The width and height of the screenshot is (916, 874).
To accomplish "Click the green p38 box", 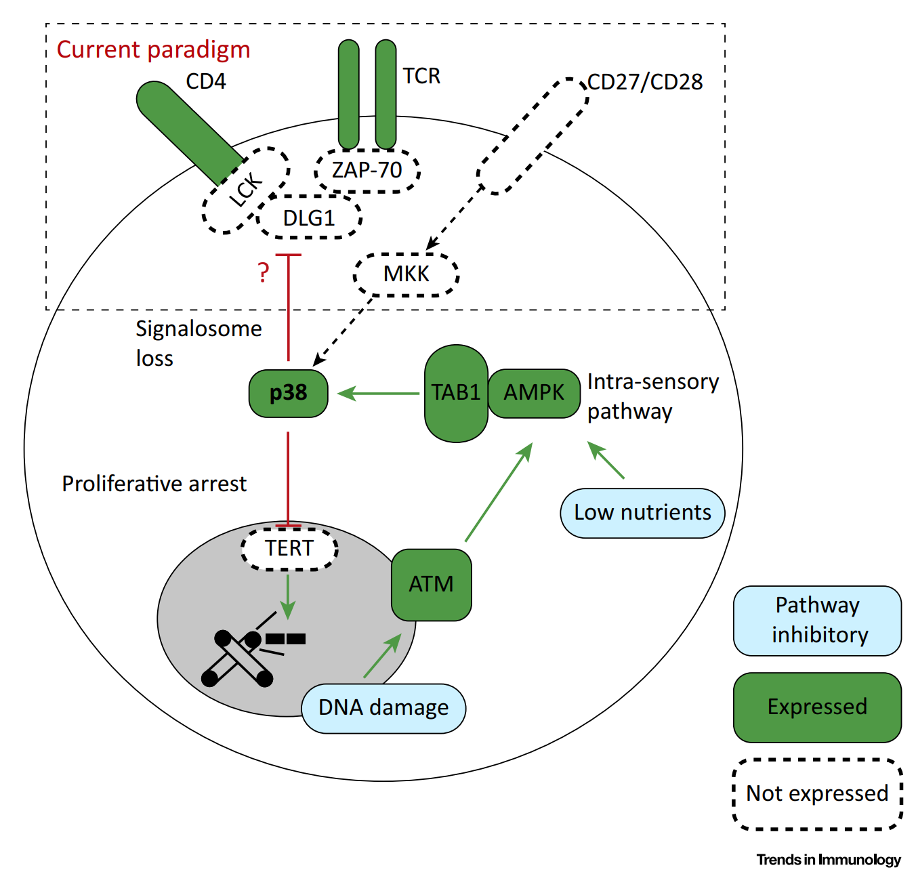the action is [288, 393].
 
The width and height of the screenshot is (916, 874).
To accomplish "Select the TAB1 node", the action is [456, 393].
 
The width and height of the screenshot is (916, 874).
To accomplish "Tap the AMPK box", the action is [533, 393].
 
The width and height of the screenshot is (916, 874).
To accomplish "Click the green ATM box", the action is [431, 584].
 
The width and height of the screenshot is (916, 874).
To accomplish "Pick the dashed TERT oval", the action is [289, 548].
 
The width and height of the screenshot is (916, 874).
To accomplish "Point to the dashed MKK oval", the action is [406, 274].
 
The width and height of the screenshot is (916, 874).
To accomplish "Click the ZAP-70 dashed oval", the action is [367, 171].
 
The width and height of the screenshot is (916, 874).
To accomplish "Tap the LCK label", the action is [246, 189].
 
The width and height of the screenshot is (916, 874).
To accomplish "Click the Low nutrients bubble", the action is [642, 513].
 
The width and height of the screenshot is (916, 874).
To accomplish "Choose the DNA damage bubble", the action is [383, 708].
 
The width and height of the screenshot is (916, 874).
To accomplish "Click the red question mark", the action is [264, 272].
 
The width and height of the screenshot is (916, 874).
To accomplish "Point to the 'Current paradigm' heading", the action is [153, 50].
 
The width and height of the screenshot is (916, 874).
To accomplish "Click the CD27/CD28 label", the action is [645, 82].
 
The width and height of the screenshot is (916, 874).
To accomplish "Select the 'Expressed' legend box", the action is [817, 707].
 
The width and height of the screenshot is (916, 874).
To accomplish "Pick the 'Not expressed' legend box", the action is [817, 794].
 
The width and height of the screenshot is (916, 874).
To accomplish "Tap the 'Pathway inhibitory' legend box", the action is [817, 621].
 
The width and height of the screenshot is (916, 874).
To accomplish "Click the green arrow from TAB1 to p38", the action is [378, 394].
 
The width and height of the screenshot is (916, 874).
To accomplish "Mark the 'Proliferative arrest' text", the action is [154, 484].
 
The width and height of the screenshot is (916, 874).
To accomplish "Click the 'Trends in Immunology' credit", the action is [829, 859].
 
